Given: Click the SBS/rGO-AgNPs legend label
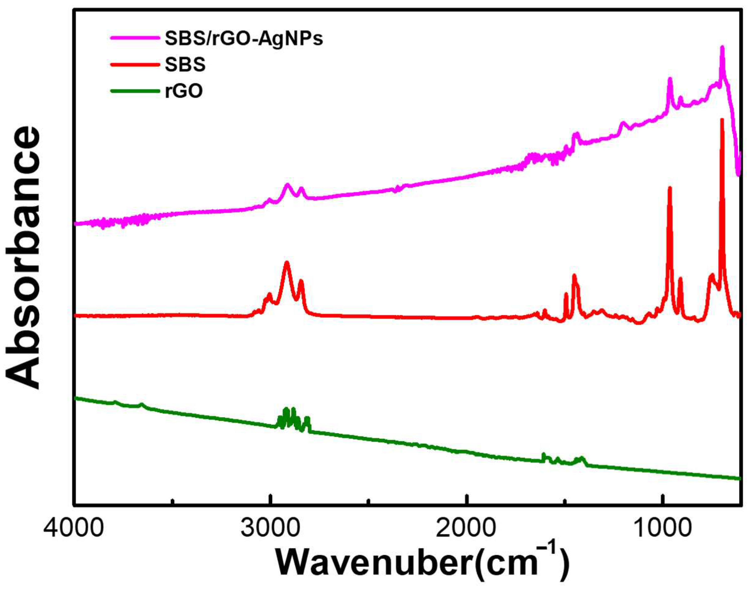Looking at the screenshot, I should pos(244,39).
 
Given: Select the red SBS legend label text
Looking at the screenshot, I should pos(185,65).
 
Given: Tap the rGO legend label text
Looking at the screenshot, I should pos(183,92).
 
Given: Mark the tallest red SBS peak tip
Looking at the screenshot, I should pos(722,120).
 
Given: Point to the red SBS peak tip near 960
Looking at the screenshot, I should pos(670,188).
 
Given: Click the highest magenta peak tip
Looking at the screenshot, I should pos(722,57).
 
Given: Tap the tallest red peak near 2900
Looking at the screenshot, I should pos(287,262).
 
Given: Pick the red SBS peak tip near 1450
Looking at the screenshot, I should pos(574,276).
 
